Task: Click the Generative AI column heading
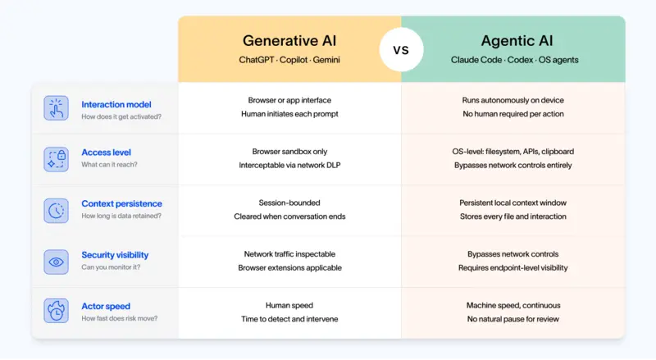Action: (289, 40)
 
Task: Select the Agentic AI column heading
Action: (512, 40)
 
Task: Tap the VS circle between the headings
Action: (401, 49)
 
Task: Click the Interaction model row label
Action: (116, 104)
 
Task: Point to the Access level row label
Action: (106, 152)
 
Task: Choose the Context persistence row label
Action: (121, 203)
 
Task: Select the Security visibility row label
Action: (115, 255)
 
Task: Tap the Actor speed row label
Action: (106, 305)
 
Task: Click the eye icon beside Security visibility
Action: (56, 262)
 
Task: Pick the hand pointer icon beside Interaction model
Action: (56, 109)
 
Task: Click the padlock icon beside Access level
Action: (56, 159)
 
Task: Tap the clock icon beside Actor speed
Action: (56, 312)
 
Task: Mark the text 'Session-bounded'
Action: (289, 203)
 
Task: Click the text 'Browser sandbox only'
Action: (289, 152)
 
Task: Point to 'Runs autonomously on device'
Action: (512, 100)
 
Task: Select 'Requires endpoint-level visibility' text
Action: (512, 268)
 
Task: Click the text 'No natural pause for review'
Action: (512, 319)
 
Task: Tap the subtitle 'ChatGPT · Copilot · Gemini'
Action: (289, 60)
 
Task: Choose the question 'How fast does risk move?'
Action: (120, 318)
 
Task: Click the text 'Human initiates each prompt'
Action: (289, 114)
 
